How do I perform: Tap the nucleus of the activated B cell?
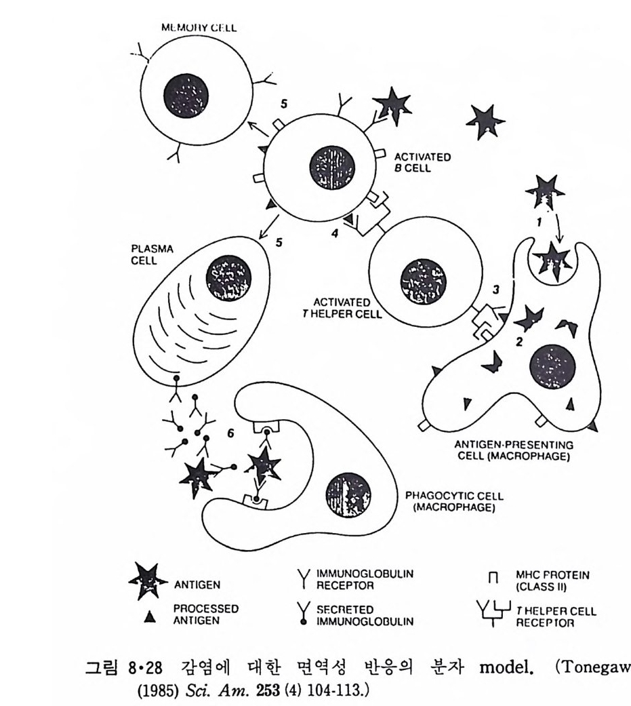tap(331, 168)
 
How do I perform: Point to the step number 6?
tap(231, 431)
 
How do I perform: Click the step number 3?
tap(496, 290)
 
